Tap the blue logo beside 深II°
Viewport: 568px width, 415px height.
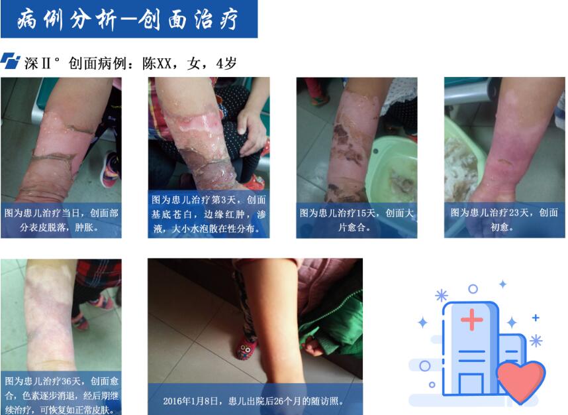10,60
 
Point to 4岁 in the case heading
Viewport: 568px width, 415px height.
226,64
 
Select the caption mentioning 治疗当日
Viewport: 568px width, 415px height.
61,220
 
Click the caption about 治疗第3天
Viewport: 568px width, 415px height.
209,214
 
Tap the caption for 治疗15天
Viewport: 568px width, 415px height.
356,220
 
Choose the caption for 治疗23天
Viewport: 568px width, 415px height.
504,219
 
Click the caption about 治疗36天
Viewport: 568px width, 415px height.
62,395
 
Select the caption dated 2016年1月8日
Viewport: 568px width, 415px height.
253,401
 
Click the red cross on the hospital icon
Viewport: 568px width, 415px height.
471,320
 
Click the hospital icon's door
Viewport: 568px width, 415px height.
471,384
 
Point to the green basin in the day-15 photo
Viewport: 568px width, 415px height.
393,168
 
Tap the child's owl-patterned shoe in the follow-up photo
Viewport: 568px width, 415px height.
246,348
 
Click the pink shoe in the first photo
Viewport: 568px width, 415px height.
111,170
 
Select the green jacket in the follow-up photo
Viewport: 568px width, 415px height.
332,323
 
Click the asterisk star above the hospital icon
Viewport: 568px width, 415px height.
442,296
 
